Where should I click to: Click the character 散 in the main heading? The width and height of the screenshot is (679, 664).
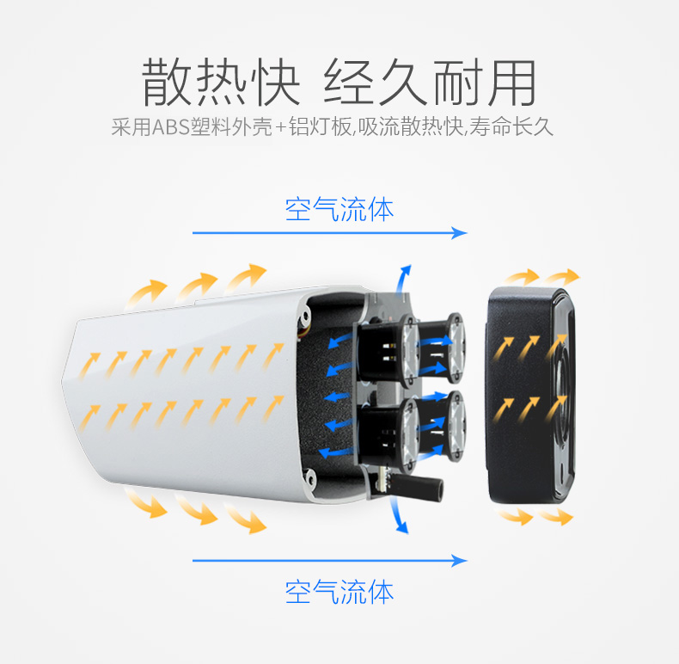pos(166,82)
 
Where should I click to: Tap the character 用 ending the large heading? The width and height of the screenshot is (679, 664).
pos(513,83)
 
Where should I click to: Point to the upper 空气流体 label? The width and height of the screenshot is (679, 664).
pos(339,209)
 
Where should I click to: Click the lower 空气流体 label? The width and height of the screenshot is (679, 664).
pos(339,592)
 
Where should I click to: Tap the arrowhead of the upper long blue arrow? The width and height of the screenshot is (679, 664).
pos(459,233)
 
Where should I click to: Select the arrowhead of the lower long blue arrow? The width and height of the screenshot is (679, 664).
pos(459,561)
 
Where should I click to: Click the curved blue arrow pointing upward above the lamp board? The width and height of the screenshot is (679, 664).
pos(403,280)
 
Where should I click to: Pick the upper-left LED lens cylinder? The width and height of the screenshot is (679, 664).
pos(388,351)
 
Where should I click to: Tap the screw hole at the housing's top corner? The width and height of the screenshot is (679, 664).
pos(306,314)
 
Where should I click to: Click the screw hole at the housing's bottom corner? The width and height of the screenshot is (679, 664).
pos(309,477)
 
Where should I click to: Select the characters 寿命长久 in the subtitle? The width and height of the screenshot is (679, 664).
pos(511,127)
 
